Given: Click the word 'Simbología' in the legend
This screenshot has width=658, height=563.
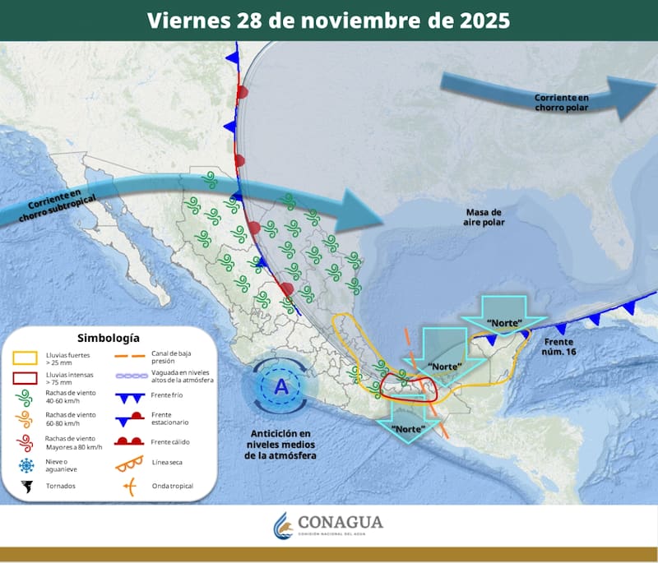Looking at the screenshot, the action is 109,338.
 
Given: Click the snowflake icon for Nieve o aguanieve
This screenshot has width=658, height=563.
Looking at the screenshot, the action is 26,464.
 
